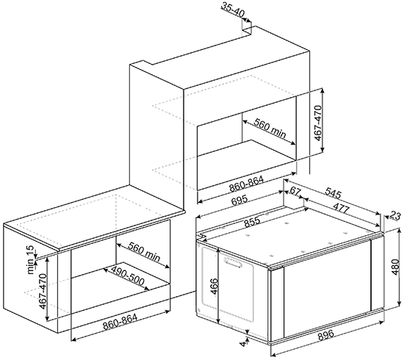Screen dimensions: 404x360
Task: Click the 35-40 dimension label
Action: (232, 10)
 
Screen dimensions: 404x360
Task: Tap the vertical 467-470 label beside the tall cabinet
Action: (319, 123)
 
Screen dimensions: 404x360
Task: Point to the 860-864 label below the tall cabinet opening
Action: (247, 184)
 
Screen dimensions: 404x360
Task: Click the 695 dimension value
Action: (239, 201)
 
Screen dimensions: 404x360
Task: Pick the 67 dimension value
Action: (295, 191)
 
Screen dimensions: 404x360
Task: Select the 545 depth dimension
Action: (333, 193)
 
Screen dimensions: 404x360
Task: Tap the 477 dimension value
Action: (341, 208)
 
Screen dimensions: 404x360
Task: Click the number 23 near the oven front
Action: (395, 215)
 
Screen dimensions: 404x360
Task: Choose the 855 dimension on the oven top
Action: (252, 222)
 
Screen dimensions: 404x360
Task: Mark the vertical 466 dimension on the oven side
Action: (214, 286)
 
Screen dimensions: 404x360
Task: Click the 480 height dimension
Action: (397, 267)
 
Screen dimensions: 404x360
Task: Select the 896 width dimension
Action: (326, 334)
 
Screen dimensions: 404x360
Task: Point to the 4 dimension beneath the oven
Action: (242, 344)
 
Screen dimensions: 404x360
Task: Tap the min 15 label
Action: (30, 260)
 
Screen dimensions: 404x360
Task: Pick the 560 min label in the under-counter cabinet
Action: (144, 251)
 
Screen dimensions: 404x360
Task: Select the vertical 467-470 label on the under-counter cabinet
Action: (43, 291)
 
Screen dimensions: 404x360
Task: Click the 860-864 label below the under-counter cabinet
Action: (120, 321)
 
